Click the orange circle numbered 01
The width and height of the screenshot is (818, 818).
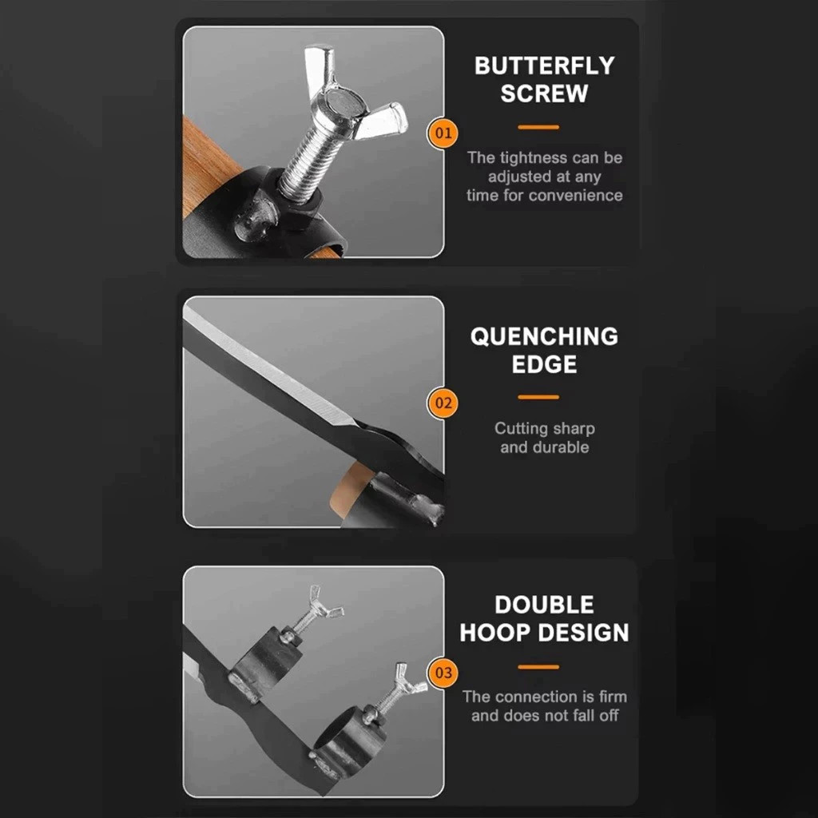coord(443,133)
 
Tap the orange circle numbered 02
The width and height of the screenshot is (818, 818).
coord(443,403)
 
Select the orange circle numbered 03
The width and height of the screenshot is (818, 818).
coord(443,673)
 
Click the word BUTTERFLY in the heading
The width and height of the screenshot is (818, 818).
coord(544,66)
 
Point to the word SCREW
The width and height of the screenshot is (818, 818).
coord(544,93)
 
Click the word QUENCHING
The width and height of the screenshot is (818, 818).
coord(544,336)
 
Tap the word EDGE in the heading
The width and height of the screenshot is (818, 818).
coord(544,364)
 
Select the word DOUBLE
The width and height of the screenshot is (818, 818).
coord(544,605)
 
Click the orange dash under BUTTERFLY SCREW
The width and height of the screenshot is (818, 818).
coord(538,127)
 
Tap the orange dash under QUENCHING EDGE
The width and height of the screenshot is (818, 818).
coord(538,397)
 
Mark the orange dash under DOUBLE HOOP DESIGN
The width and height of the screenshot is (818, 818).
coord(538,667)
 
